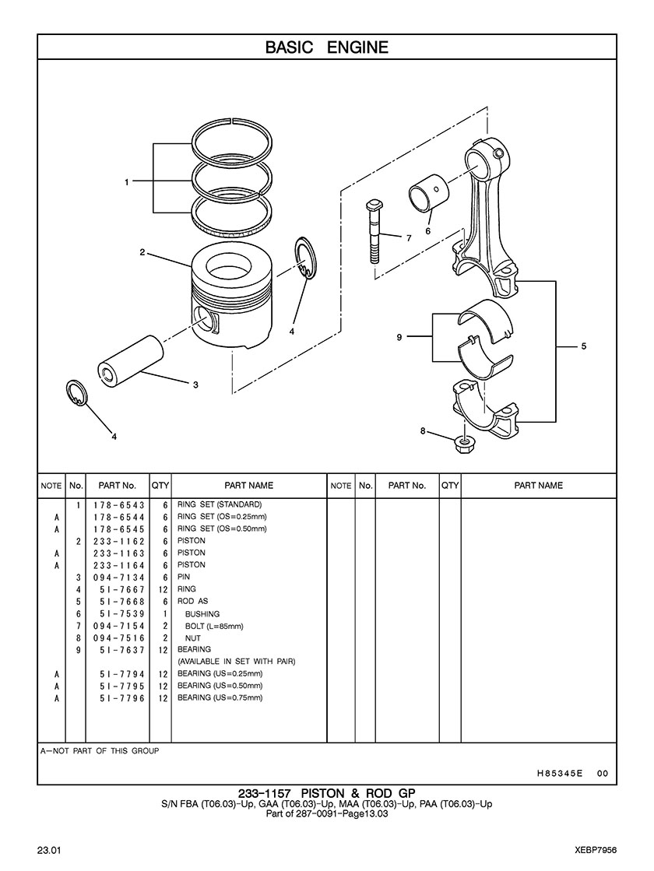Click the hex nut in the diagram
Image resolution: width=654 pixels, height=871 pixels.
tap(462, 443)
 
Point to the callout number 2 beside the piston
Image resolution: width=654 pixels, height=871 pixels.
tap(142, 252)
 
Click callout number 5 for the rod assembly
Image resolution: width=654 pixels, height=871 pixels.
tap(583, 346)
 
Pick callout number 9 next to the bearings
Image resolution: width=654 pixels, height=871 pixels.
tap(399, 336)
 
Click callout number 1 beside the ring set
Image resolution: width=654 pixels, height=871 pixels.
tap(127, 181)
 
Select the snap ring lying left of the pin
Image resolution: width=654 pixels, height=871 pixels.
tap(76, 393)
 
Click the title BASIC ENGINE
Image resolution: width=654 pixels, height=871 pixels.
tap(327, 47)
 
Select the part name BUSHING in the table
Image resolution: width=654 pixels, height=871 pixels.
tap(202, 614)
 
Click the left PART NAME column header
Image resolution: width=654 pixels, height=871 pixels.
tap(249, 486)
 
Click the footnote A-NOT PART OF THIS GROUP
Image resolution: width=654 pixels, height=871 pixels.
tap(100, 751)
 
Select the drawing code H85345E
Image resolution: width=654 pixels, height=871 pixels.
tap(560, 773)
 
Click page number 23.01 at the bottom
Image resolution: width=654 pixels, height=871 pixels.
tap(49, 851)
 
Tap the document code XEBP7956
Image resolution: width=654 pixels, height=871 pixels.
tap(596, 851)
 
